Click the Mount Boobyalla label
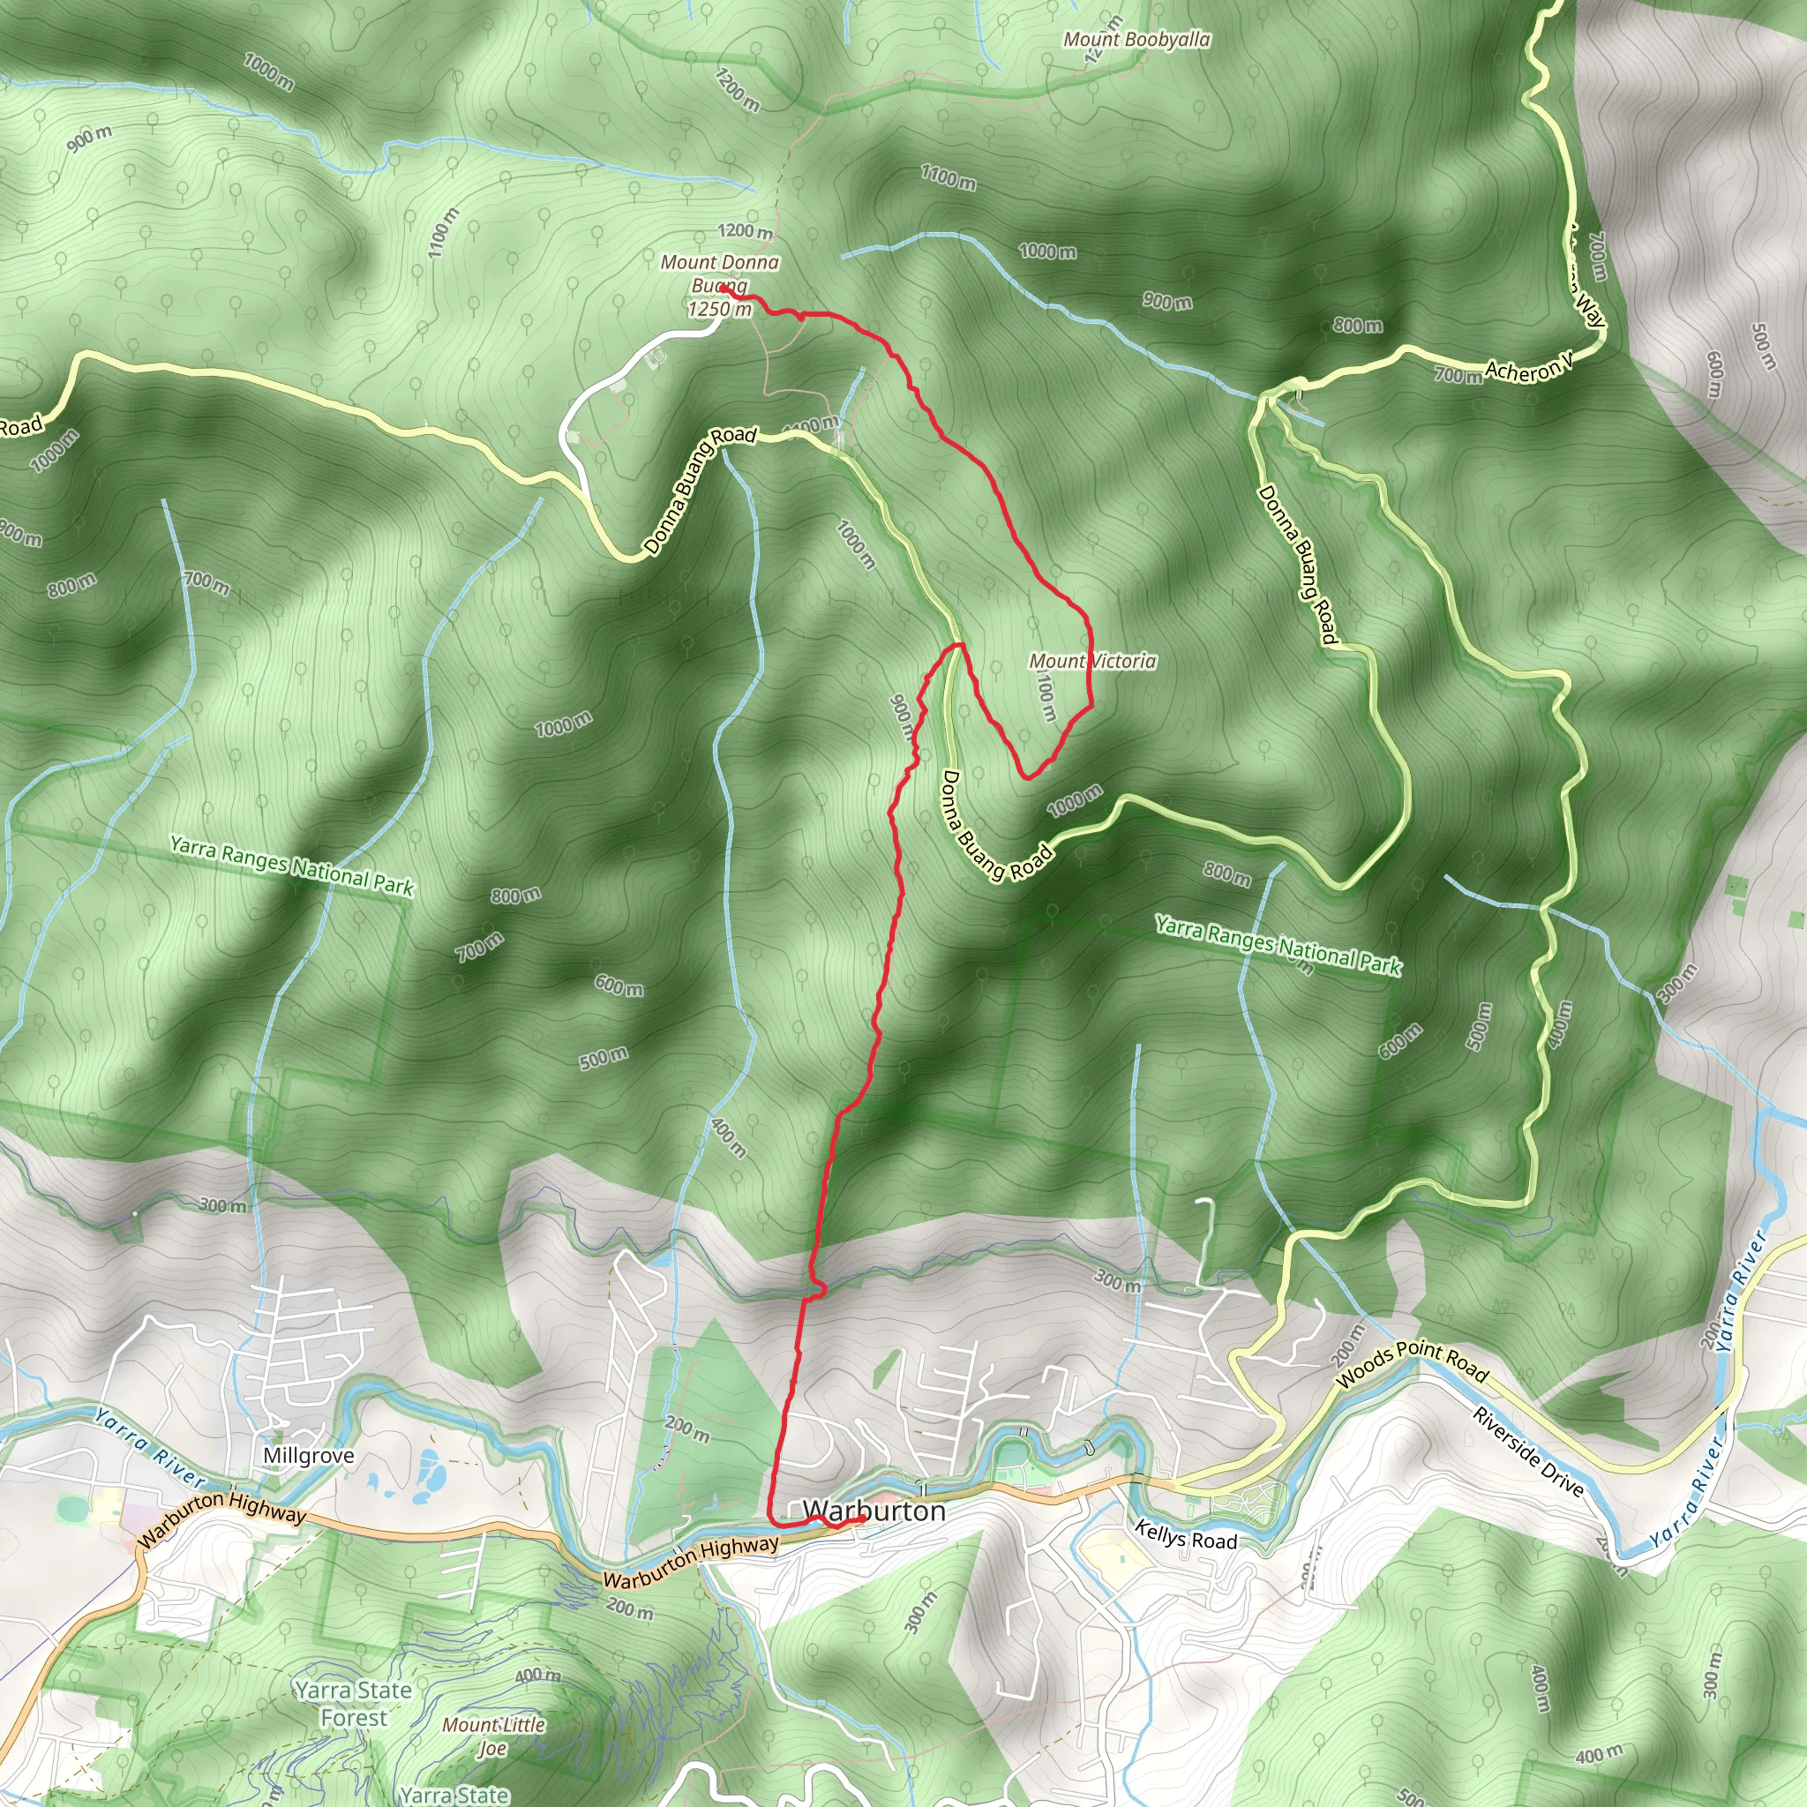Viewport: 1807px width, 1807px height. tap(1136, 40)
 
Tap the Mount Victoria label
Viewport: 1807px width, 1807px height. tap(1092, 661)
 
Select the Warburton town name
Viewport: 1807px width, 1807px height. tap(874, 1511)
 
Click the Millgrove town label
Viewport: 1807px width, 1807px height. tap(309, 1455)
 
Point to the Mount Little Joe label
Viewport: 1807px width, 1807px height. tap(493, 1736)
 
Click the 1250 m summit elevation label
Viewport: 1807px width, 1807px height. tap(719, 310)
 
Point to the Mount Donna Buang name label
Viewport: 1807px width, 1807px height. tap(719, 274)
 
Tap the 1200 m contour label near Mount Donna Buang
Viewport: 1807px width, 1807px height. tap(746, 230)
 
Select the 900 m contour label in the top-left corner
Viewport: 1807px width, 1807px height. tap(90, 138)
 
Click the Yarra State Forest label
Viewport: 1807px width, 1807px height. tap(354, 1703)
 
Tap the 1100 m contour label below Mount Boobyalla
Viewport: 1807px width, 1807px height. tap(948, 176)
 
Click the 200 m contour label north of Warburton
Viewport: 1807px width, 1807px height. tap(687, 1428)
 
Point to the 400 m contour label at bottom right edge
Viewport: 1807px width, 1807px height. tap(1599, 1755)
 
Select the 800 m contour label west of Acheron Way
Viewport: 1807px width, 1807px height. tap(1358, 326)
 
